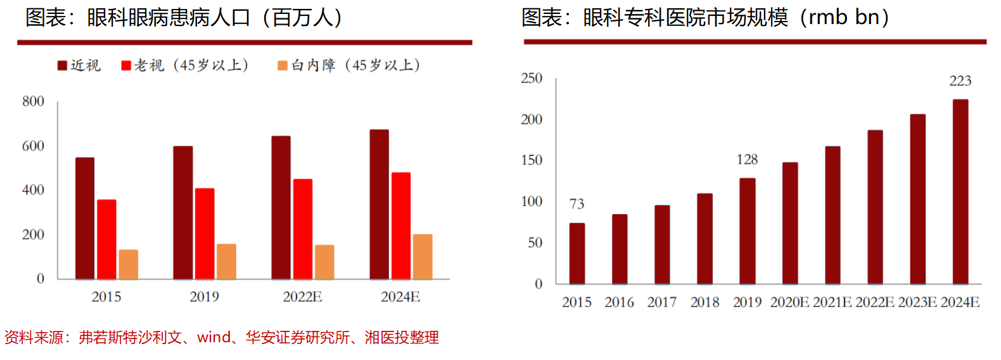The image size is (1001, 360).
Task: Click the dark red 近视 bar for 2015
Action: coord(85,218)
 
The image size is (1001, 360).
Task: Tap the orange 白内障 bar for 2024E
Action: coord(423,256)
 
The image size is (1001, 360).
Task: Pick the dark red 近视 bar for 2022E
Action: coord(281,207)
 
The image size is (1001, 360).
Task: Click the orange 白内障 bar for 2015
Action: coord(128,264)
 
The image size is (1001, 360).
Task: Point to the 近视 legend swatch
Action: coord(62,66)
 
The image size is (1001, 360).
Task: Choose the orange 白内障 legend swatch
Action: coord(283,66)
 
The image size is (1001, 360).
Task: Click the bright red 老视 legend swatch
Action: coord(126,66)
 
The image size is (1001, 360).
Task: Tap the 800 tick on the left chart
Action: coord(33,101)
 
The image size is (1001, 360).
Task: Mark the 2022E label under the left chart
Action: coord(302,297)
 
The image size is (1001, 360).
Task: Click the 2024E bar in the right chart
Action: coord(960,191)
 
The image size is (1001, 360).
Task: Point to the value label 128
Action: coord(747,160)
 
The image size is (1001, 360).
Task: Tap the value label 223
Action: coord(960,81)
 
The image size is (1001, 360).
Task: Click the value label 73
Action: coord(577,204)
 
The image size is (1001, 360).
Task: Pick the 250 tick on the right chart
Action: coord(532,79)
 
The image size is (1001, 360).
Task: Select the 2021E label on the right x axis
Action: coord(832,302)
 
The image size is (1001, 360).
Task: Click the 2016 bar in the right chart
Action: coord(620,249)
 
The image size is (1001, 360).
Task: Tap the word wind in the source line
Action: coord(214,337)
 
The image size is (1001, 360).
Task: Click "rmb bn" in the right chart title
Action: coord(844,18)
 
